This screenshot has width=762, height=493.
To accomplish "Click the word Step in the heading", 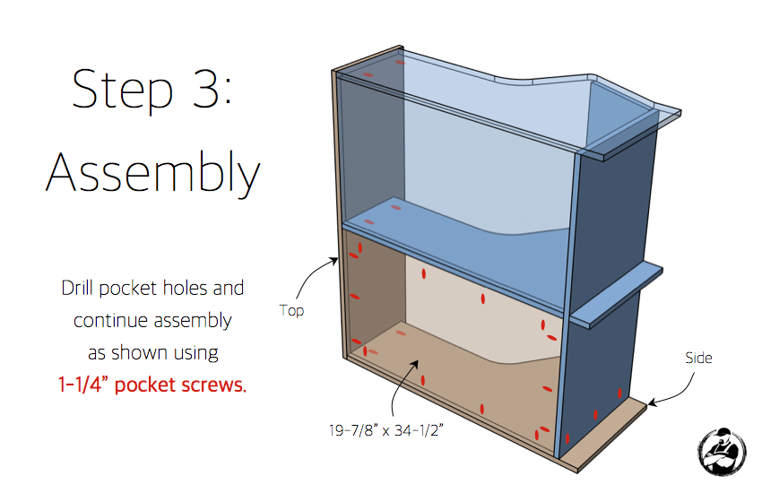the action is tap(123, 90).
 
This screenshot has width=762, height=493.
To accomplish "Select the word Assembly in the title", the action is tap(153, 173).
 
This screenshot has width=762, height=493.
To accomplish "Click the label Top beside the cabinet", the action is tap(291, 310).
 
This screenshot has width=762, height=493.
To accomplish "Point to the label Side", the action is tap(698, 358).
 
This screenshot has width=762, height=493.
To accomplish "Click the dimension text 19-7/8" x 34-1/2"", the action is tap(386, 430).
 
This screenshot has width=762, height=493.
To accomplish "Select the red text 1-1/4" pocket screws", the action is tap(152, 385).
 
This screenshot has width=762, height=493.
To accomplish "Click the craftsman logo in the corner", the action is tap(722, 452).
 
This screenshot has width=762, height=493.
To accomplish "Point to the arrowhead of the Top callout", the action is tap(335, 260).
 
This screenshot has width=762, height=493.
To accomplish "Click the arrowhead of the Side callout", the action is tap(651, 402).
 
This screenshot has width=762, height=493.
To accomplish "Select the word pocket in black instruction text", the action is tap(128, 289).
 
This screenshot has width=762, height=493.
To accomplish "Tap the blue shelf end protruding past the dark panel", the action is tap(616, 297).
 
